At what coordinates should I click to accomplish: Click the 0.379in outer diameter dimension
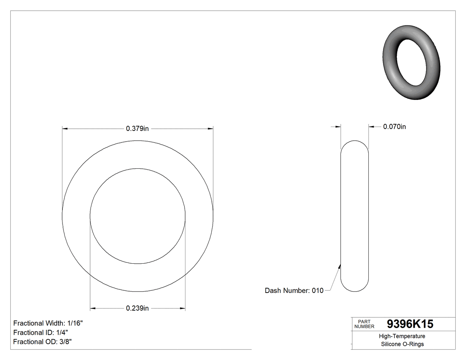137,129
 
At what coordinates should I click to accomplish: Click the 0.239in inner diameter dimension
137,309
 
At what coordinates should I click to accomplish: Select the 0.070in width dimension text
394,127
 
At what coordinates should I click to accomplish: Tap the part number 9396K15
410,324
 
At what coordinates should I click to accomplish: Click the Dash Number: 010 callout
294,291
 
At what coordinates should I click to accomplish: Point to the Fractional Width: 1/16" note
48,323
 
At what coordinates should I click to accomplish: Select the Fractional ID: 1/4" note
40,332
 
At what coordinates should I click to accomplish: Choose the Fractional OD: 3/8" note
43,342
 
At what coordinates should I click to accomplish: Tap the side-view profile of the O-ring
354,216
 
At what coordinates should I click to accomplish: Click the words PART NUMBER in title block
364,324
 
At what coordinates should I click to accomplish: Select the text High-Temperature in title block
403,336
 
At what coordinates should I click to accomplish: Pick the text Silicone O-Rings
403,344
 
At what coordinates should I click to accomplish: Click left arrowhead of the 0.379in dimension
64,129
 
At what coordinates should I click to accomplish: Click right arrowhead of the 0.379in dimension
210,129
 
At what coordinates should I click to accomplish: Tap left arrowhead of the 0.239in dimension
93,309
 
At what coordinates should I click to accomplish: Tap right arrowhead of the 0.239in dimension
182,309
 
